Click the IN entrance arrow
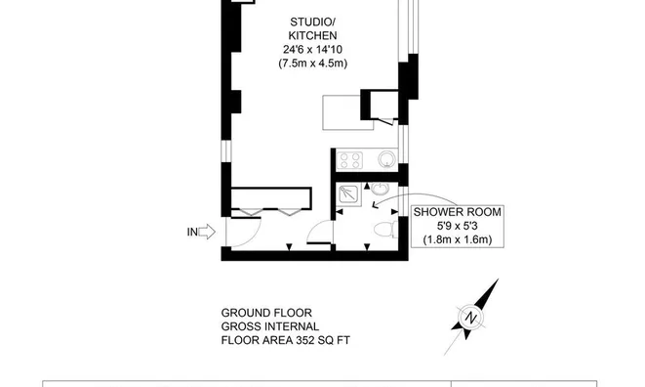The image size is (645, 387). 207,232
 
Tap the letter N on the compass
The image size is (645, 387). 470,318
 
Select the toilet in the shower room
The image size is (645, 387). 385,229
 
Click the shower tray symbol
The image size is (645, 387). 349,194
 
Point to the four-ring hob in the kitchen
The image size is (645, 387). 350,160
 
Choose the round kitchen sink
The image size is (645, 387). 386,159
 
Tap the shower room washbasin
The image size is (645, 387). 381,189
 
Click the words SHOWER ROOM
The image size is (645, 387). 458,212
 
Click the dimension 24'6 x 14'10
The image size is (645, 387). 312,50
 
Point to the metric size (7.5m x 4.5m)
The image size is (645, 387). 312,64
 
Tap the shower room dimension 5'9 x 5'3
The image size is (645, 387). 458,226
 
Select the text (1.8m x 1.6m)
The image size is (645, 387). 458,239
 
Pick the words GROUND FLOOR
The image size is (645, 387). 266,313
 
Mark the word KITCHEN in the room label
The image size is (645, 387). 312,36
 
